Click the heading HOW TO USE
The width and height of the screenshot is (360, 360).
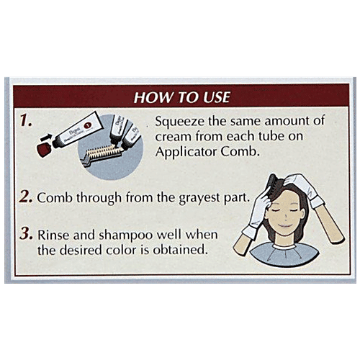click(182, 97)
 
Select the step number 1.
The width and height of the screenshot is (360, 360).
click(26, 120)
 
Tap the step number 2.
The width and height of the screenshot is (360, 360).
click(26, 197)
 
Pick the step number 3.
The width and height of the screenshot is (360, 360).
click(26, 234)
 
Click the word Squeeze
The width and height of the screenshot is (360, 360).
click(180, 122)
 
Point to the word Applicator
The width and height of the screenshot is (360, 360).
click(186, 153)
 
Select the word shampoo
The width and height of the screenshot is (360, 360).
click(125, 235)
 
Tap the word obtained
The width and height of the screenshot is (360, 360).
click(180, 250)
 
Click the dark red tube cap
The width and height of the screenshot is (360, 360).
click(45, 148)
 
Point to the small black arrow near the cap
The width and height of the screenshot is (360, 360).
click(47, 138)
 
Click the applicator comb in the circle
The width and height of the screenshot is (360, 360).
click(102, 153)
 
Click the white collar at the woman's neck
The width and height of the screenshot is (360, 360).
click(284, 246)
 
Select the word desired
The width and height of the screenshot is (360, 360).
click(81, 250)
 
